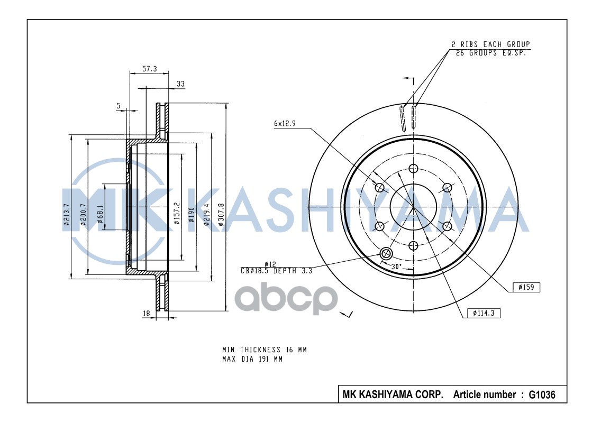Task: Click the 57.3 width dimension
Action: pos(150,69)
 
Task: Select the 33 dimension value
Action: pos(181,84)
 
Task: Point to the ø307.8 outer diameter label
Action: pos(221,214)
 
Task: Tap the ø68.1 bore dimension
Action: pos(100,214)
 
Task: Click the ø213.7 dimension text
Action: pos(67,214)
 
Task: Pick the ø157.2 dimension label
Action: pos(177,213)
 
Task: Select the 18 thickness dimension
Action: pos(147,313)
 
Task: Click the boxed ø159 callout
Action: pos(526,287)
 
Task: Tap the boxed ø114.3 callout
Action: pos(484,313)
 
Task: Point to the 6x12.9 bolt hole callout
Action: pos(285,123)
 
